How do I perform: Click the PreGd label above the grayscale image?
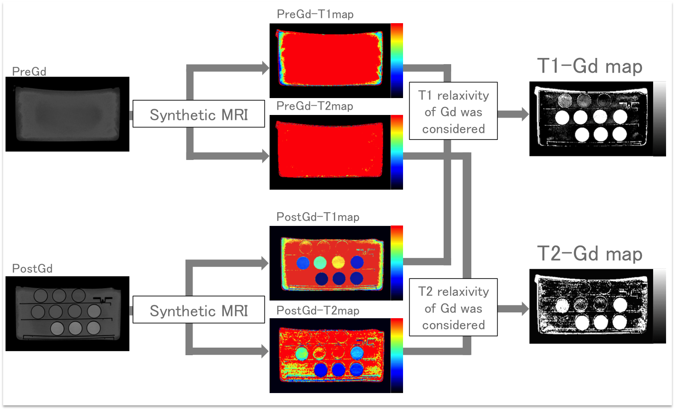tap(29, 72)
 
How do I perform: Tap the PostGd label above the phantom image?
tap(32, 268)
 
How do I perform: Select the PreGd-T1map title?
tap(315, 14)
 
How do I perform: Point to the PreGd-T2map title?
tap(315, 106)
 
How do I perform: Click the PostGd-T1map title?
tap(318, 217)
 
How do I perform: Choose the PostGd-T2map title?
tap(318, 311)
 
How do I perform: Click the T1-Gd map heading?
tap(590, 66)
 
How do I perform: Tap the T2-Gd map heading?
tap(590, 254)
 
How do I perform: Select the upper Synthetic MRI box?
tap(199, 114)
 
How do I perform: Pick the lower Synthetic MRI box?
tap(199, 310)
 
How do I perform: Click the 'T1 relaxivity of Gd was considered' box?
tap(453, 111)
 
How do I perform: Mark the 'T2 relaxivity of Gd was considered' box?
tap(453, 307)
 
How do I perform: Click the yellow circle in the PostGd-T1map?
tap(338, 262)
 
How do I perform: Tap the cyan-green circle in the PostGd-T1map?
tap(320, 262)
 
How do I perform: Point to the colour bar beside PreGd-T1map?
tap(397, 61)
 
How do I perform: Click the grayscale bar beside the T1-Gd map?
tap(659, 119)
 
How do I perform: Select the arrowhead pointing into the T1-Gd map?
tap(525, 114)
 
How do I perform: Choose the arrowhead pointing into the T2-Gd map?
tap(525, 309)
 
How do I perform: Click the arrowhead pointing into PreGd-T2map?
tap(266, 156)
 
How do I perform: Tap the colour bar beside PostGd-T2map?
tap(397, 356)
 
